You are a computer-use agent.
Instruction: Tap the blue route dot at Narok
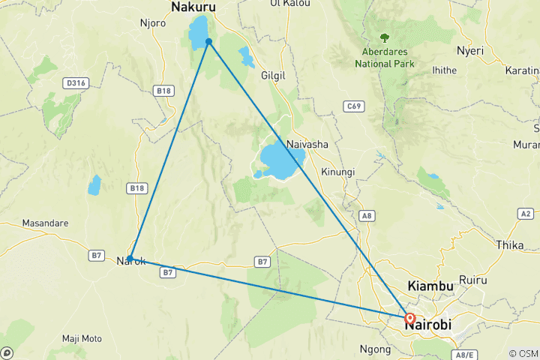click(x=130, y=258)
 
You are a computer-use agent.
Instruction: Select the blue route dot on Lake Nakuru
click(x=208, y=41)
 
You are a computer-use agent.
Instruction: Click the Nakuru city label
click(x=193, y=7)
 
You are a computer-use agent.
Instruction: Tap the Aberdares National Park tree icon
click(x=385, y=37)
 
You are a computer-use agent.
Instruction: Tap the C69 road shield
click(x=354, y=106)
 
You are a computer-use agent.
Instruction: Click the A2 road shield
click(x=526, y=214)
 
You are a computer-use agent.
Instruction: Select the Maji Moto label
click(x=82, y=338)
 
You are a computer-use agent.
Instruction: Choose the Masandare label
click(x=46, y=223)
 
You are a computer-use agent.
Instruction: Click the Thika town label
click(x=510, y=244)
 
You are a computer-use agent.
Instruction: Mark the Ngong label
click(x=376, y=349)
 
